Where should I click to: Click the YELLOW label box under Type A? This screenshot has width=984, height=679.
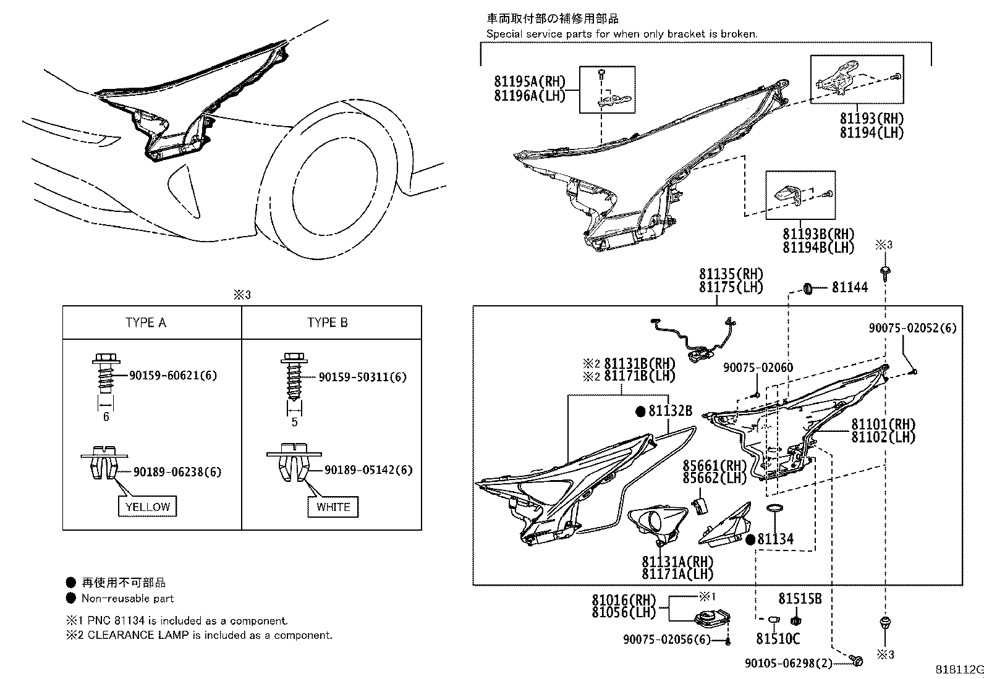(x=148, y=507)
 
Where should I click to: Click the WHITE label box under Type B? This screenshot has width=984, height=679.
(x=333, y=507)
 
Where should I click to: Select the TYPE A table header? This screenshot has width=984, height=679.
(x=145, y=323)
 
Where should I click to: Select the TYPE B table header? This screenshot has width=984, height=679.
(x=327, y=323)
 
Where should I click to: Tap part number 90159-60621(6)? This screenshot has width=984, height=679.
(x=173, y=375)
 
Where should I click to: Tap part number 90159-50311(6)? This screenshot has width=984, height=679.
(x=362, y=376)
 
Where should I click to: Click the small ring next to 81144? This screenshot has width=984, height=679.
(x=807, y=287)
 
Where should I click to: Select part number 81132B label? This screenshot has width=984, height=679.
(x=670, y=411)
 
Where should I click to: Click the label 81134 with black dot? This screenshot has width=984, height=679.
(x=775, y=539)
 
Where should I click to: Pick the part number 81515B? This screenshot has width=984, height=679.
(x=800, y=599)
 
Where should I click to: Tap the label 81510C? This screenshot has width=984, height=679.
(x=778, y=639)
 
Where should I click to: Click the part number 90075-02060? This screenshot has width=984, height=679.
(x=758, y=368)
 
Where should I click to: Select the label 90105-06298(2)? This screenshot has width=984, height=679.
(x=789, y=663)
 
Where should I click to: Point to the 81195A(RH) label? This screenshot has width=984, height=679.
(x=530, y=81)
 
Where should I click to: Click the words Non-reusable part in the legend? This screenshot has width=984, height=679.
(x=127, y=598)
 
